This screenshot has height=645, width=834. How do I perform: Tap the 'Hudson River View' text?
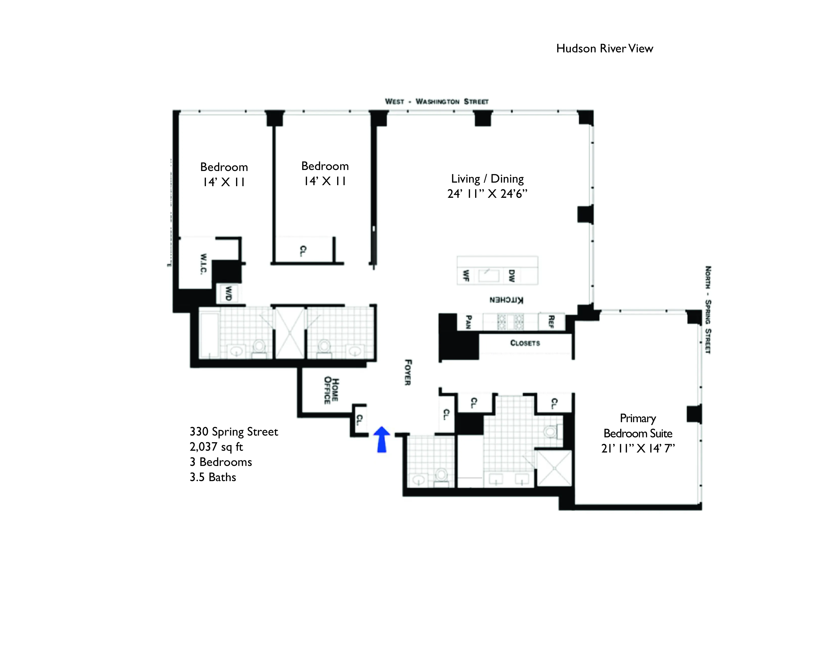pos(605,49)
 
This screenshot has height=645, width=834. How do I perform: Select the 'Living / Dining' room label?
pos(487,179)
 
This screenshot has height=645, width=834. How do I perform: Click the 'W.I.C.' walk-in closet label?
pos(203,264)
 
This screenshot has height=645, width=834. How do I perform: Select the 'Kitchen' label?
pos(506,300)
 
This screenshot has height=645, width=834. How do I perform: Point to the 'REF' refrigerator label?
pos(551,321)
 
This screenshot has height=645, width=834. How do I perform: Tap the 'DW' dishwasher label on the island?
pos(512,275)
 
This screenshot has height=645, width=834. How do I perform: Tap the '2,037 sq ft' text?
pos(216,447)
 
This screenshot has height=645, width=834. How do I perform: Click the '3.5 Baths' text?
pos(213,477)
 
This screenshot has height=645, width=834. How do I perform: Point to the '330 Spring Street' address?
pos(234,432)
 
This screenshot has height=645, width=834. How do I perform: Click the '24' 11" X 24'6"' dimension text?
pos(487,194)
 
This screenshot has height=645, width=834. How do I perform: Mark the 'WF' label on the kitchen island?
pos(466,275)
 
